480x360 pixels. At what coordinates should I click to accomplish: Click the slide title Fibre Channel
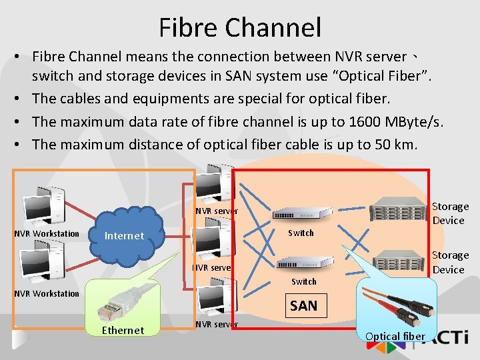240,27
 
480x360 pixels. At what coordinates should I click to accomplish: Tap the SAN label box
303,306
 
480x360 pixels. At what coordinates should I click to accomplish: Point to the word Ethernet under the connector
123,330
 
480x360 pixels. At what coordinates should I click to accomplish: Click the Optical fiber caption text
395,336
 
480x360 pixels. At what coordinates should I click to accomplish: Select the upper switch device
302,214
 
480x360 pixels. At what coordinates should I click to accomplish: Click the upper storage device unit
398,208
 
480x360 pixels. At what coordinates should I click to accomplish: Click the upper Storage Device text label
450,213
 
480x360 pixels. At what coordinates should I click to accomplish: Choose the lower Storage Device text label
450,262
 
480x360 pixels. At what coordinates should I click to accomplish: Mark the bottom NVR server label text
216,325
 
